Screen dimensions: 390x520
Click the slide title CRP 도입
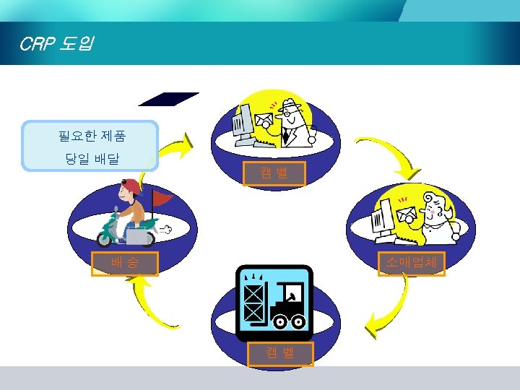pos(55,45)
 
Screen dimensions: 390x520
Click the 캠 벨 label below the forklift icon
pos(280,354)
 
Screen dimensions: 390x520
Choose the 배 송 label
pos(123,264)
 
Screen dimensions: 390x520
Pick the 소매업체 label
pos(412,264)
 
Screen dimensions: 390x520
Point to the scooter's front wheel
pos(108,236)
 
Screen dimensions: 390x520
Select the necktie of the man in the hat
pos(287,135)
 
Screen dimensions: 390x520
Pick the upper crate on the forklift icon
pos(253,292)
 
